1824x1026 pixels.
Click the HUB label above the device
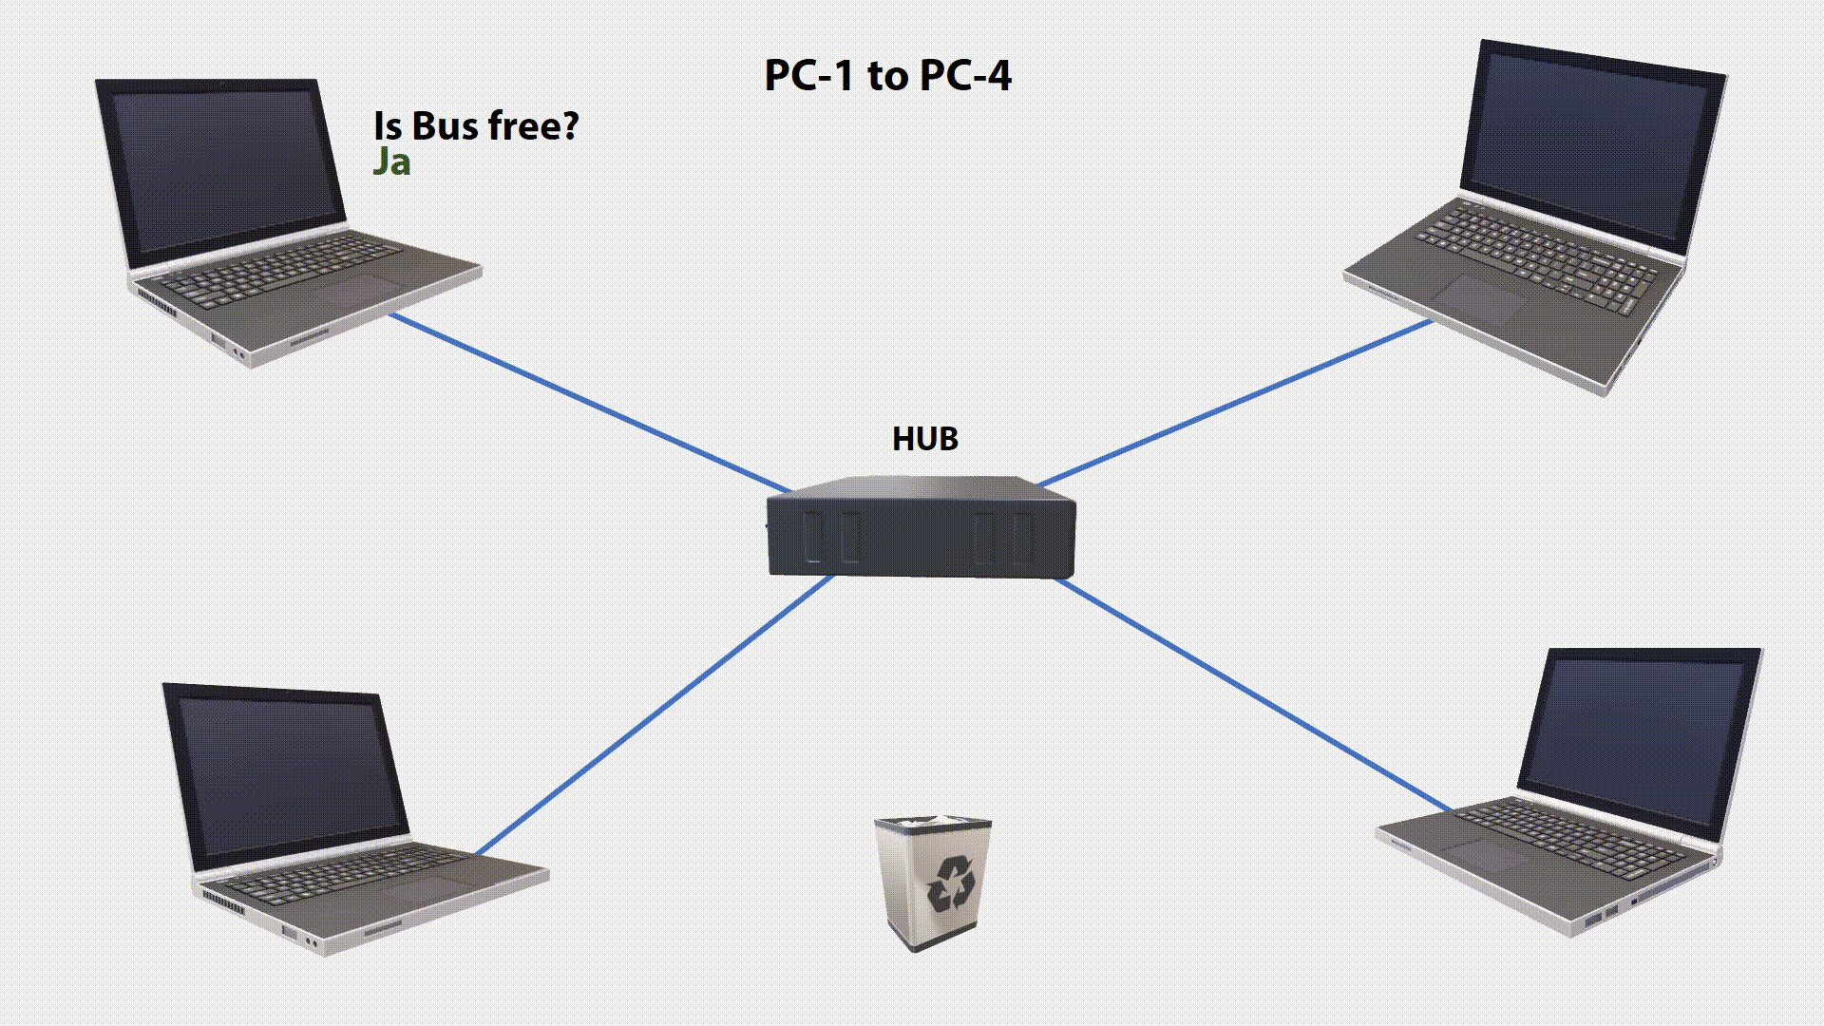pyautogui.click(x=924, y=439)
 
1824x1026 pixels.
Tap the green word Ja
pyautogui.click(x=391, y=162)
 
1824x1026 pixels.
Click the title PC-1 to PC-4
pyautogui.click(x=887, y=76)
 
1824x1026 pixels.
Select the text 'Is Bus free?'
pyautogui.click(x=476, y=125)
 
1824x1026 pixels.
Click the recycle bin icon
pyautogui.click(x=933, y=883)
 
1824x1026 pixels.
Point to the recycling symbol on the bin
pyautogui.click(x=951, y=883)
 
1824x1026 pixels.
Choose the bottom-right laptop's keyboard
pyautogui.click(x=1567, y=836)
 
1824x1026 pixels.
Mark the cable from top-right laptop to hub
pyautogui.click(x=1235, y=403)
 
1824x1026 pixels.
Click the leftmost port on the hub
pyautogui.click(x=813, y=538)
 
